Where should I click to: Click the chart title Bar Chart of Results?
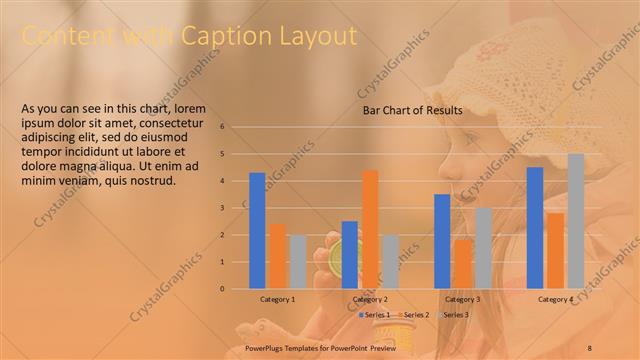(412, 110)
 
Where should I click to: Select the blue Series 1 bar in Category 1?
(257, 230)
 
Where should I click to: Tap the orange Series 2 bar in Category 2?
(370, 229)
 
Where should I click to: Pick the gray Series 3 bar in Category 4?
(575, 221)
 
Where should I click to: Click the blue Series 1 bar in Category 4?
(535, 227)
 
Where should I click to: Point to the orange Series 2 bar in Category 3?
(462, 264)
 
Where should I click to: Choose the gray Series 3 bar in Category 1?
(297, 261)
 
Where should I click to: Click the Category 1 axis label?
(277, 300)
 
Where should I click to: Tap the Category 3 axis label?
(462, 300)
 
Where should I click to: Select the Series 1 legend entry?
(374, 315)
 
